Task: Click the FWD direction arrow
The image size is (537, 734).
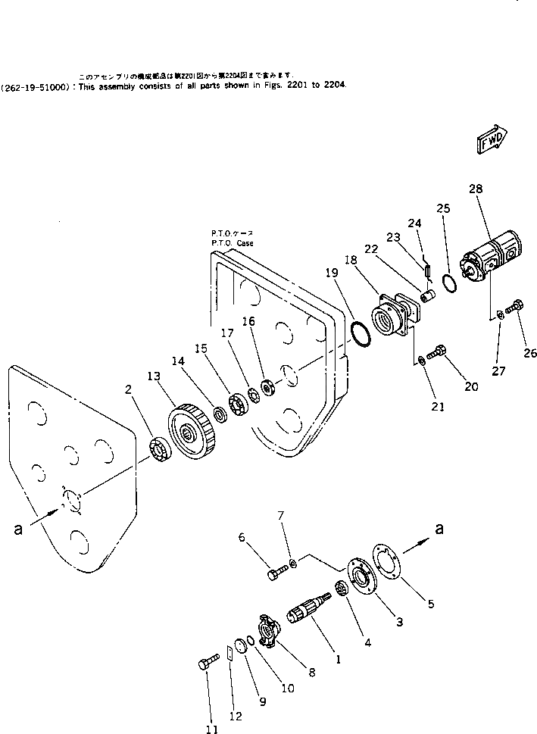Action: (492, 140)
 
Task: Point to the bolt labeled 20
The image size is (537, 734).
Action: (439, 351)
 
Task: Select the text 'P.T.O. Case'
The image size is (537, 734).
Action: (233, 243)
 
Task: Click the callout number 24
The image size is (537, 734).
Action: (414, 223)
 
